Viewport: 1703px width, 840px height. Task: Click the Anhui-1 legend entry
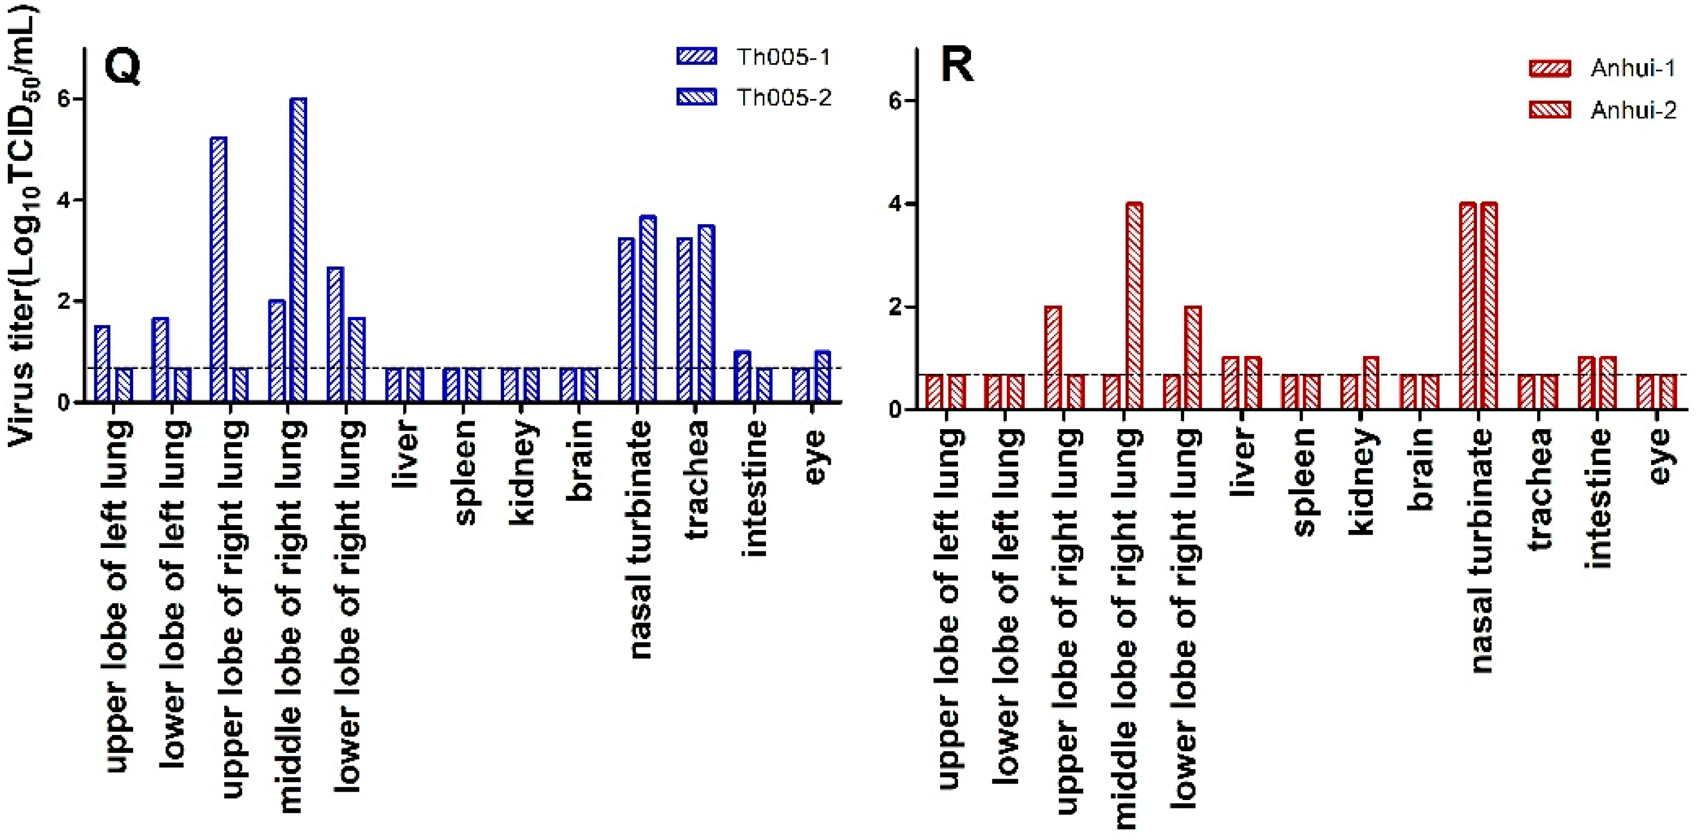point(1603,69)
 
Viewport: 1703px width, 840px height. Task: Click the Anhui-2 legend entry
point(1603,110)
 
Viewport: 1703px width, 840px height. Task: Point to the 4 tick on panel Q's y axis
point(64,200)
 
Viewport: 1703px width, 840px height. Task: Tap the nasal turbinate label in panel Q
point(639,538)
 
